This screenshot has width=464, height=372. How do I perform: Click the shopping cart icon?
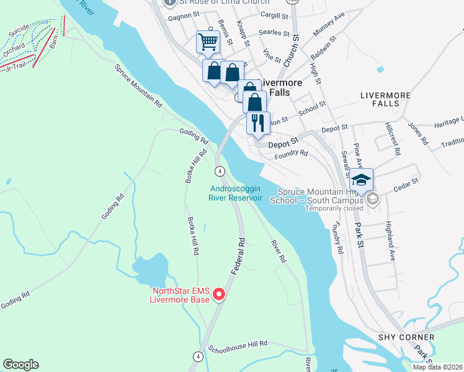click(x=208, y=42)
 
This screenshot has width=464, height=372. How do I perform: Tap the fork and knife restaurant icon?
click(x=258, y=122)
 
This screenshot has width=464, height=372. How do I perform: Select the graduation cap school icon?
click(x=361, y=179)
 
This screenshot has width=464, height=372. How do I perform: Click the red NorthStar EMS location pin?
click(x=218, y=295)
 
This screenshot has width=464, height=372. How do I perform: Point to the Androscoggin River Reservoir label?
click(x=236, y=193)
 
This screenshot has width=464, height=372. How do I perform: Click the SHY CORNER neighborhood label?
click(x=403, y=337)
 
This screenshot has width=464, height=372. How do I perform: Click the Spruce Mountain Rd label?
click(x=138, y=85)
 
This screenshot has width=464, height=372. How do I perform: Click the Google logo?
click(x=20, y=365)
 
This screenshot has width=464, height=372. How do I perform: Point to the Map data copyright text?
click(x=437, y=367)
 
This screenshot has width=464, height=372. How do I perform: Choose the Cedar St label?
click(x=407, y=185)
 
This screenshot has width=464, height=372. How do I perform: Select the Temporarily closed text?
click(x=334, y=208)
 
